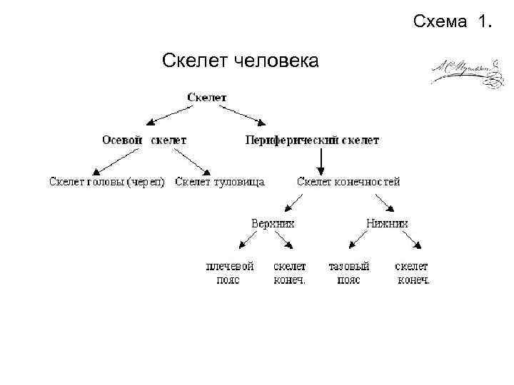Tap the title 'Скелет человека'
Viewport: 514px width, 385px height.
[x=241, y=61]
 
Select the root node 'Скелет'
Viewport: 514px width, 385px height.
[x=207, y=97]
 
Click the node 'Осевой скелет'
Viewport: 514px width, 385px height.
[x=144, y=140]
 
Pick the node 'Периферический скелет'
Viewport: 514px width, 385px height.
[x=312, y=140]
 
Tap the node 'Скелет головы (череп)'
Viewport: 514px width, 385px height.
[x=107, y=181]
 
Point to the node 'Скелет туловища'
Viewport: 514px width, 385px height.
[x=219, y=181]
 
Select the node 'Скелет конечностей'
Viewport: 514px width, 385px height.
[x=348, y=181]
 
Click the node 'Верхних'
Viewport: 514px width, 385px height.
[x=273, y=222]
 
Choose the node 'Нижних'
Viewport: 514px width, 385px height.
[x=387, y=222]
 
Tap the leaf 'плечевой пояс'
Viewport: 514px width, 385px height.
[x=229, y=273]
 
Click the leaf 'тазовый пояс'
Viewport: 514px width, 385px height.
[x=348, y=273]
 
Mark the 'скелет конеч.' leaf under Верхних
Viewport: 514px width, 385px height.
[x=290, y=273]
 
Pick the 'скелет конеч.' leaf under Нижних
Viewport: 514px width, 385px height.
[x=413, y=273]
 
